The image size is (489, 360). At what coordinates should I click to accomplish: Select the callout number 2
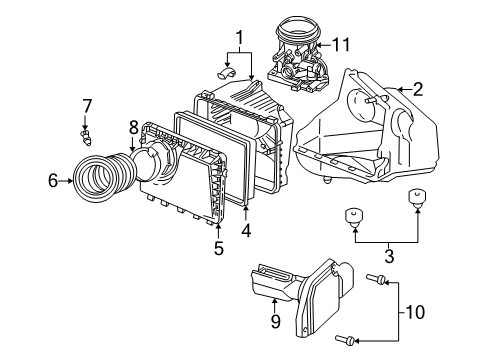[x=417, y=90]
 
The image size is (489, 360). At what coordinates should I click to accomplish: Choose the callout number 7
[x=87, y=106]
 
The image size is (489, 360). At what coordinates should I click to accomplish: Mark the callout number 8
[x=133, y=127]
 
